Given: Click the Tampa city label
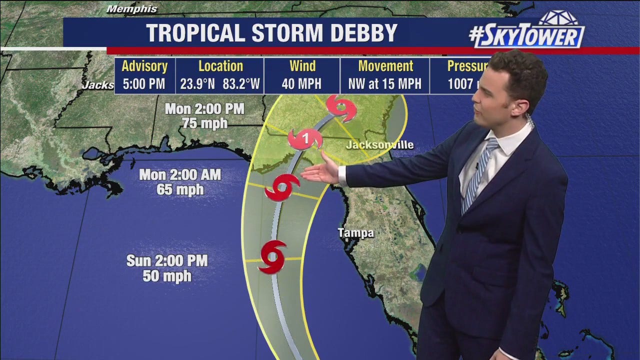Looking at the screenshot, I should [x=355, y=233].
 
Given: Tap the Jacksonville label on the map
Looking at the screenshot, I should [x=380, y=145].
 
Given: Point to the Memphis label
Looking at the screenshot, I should [x=132, y=9].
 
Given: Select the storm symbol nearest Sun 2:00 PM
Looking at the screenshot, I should [x=272, y=256].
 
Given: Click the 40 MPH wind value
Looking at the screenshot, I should [x=301, y=84].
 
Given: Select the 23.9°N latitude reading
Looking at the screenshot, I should [x=197, y=84].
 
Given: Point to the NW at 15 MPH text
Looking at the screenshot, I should [x=385, y=84].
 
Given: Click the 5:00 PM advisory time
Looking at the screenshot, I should [x=144, y=84].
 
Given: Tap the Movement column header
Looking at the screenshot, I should [x=385, y=66].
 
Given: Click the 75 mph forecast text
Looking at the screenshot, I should [x=204, y=123].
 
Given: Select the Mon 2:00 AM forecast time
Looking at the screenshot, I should [x=180, y=175].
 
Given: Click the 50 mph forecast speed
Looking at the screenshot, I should [x=167, y=275].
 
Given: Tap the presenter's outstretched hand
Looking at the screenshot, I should [x=321, y=171].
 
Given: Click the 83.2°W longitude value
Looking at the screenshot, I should [x=241, y=84].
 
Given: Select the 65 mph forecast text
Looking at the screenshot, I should [x=180, y=190].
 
